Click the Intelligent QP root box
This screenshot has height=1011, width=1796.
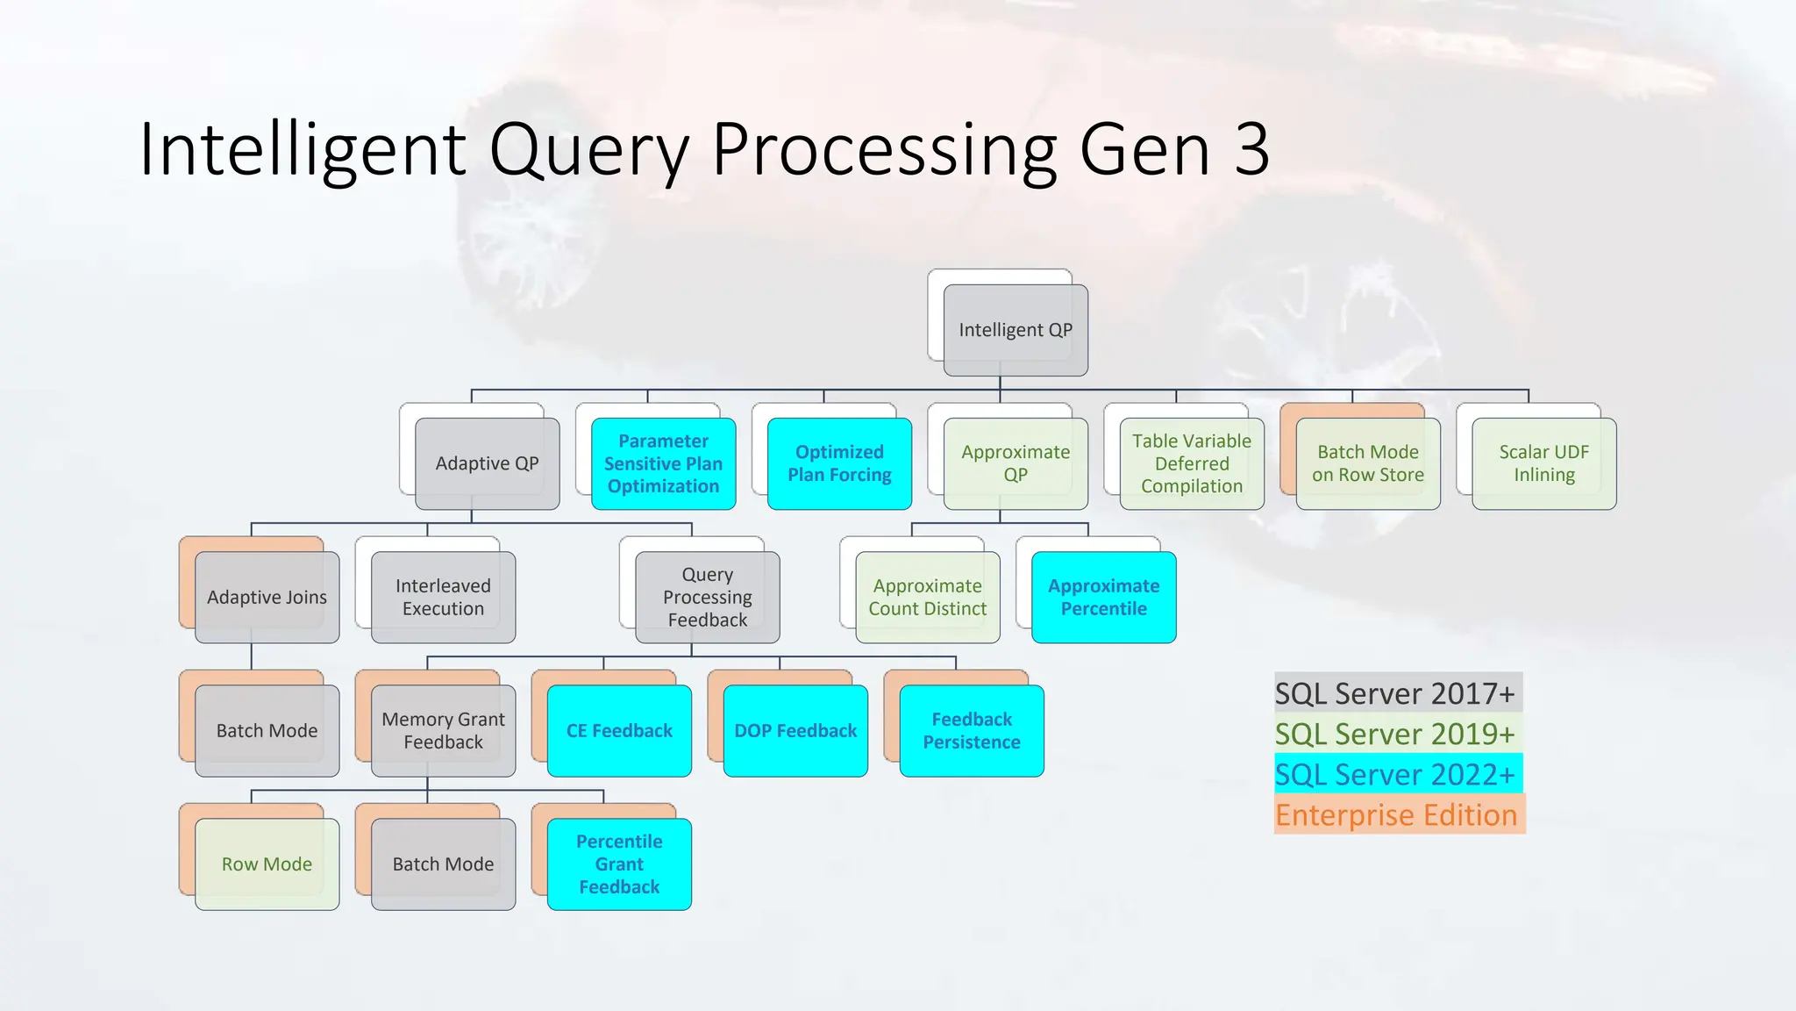(x=1016, y=330)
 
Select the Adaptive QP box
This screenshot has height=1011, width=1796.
(x=488, y=463)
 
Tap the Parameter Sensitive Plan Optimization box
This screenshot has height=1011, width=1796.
(x=664, y=463)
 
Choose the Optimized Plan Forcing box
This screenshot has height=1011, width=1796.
(x=839, y=463)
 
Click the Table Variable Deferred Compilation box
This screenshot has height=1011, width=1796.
(x=1192, y=463)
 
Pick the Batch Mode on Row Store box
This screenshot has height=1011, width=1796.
(x=1368, y=463)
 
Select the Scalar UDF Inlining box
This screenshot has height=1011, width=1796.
(x=1544, y=463)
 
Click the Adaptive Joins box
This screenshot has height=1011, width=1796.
(x=267, y=598)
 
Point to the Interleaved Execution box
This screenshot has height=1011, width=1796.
(x=444, y=598)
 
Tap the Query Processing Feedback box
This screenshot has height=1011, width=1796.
(x=708, y=598)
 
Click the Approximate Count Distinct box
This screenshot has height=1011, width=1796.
(x=928, y=598)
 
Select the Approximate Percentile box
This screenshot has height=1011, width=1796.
(x=1104, y=598)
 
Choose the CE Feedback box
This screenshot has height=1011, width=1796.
(x=619, y=731)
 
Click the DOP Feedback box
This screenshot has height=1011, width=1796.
(x=795, y=731)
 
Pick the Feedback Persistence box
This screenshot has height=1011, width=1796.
(x=972, y=731)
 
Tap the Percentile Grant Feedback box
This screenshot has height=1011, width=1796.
(x=619, y=864)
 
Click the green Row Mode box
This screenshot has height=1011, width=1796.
(x=267, y=864)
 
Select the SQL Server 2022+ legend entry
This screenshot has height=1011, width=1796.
(x=1395, y=775)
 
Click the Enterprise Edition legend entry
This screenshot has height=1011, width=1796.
(x=1396, y=815)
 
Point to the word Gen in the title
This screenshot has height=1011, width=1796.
(x=1145, y=149)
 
